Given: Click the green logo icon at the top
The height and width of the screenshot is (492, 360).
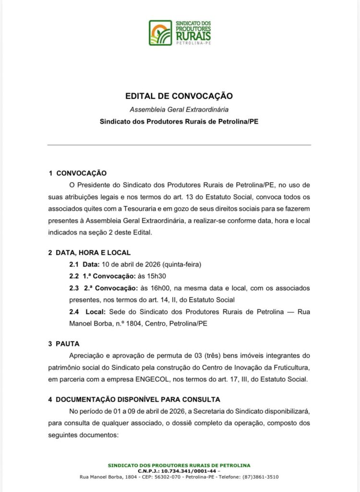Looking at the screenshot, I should [x=160, y=33].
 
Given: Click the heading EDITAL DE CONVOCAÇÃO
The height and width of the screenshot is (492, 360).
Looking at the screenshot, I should [x=179, y=96].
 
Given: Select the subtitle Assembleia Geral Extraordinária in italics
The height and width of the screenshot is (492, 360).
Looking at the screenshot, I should [x=179, y=109].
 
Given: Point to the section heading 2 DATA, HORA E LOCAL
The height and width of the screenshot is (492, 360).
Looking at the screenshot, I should [x=89, y=253].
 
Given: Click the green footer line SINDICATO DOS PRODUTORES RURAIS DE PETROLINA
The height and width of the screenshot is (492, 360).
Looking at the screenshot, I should [x=179, y=465].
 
